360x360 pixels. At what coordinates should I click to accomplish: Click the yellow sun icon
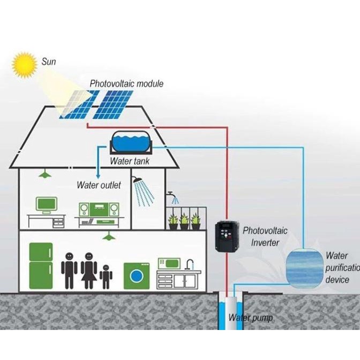24,64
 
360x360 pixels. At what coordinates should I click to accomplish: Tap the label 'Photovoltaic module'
126,84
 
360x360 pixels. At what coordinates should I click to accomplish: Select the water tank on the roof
131,144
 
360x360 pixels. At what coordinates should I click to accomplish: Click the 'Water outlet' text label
99,185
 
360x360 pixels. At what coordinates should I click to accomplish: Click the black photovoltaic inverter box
225,236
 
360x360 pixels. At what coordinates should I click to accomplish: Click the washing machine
137,276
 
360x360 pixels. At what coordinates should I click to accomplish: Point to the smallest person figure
106,275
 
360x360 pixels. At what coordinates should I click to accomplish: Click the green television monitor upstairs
46,204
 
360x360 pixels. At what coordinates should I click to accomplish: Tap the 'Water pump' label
250,318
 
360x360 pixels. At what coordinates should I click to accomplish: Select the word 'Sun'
49,62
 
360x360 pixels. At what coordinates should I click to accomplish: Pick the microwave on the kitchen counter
169,263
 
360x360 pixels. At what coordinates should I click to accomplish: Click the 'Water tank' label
130,161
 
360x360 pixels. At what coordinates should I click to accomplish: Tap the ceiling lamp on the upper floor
45,174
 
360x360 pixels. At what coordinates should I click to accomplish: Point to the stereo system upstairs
99,209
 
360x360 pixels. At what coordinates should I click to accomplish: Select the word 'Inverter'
265,242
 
